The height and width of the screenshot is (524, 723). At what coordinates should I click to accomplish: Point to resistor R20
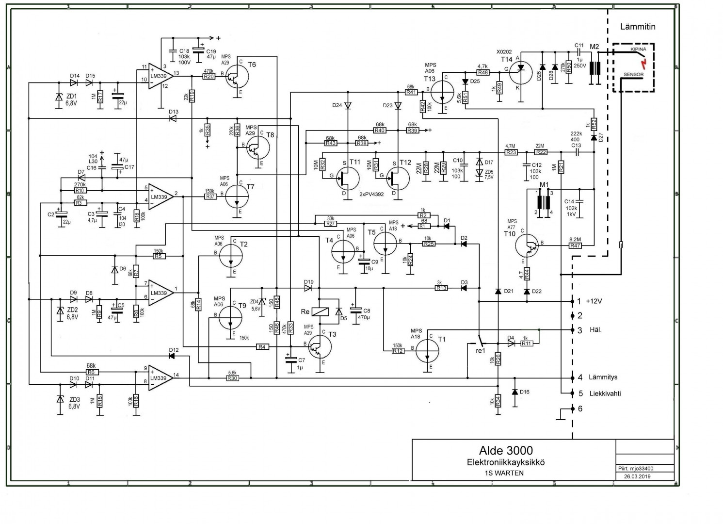(x=209, y=76)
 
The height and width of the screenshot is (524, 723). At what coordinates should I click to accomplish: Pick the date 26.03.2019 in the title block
(x=637, y=476)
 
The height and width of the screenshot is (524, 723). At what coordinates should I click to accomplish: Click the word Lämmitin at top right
(x=638, y=27)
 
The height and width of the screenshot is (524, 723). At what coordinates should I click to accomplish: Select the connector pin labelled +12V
(x=594, y=301)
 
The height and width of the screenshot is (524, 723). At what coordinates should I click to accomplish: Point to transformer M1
(x=544, y=202)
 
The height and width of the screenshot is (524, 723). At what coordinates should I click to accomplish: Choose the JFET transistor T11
(x=347, y=178)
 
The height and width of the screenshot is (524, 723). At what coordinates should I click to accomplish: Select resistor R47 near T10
(x=575, y=246)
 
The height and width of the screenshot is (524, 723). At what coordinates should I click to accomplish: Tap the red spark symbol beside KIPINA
(x=643, y=63)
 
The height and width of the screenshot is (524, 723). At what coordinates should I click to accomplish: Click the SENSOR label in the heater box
(x=633, y=75)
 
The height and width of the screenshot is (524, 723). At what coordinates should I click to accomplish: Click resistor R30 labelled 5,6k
(x=232, y=378)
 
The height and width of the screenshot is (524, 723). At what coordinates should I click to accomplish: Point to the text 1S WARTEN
(x=504, y=473)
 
